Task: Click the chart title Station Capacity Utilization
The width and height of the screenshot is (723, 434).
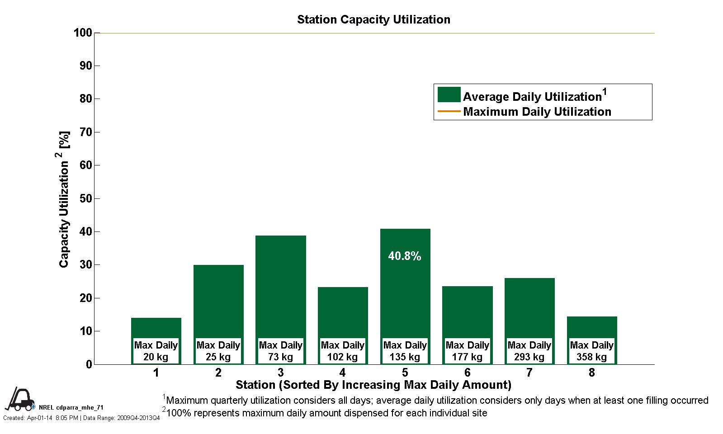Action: (373, 20)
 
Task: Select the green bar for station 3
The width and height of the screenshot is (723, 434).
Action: (280, 285)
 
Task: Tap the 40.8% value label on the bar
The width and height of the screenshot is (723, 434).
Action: (405, 256)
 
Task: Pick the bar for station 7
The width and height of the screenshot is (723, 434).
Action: (529, 307)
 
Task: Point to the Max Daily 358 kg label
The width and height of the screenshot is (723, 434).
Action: (591, 351)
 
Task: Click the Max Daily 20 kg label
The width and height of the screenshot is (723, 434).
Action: (156, 351)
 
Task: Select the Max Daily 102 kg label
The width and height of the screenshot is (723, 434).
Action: (343, 351)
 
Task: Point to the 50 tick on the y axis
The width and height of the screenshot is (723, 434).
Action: (85, 199)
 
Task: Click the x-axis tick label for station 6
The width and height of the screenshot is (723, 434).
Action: (467, 373)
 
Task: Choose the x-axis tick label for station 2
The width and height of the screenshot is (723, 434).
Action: (218, 373)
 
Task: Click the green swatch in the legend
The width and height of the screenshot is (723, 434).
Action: (449, 95)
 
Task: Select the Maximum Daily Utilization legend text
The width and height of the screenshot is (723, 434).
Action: (537, 112)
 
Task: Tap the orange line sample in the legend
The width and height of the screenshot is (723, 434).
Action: (449, 112)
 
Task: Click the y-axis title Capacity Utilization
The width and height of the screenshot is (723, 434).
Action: (65, 199)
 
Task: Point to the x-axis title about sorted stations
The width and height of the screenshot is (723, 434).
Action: (373, 385)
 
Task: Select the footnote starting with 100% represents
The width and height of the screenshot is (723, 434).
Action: (326, 413)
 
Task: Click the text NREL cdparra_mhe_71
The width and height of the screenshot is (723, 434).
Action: (71, 407)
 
